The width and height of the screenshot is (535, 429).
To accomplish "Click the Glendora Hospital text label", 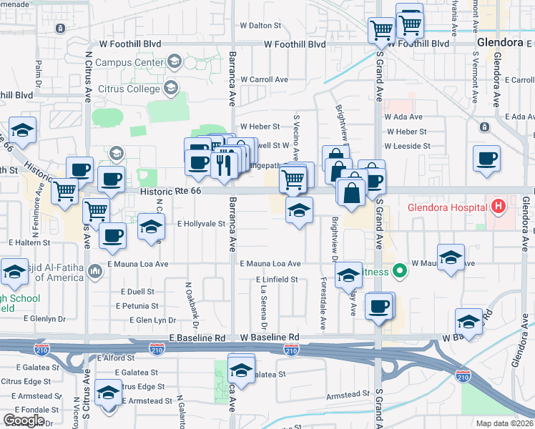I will [447, 208].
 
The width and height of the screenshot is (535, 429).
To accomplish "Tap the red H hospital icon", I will [499, 208].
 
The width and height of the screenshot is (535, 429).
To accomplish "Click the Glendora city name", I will [500, 42].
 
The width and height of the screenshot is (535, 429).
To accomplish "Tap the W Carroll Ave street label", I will [264, 79].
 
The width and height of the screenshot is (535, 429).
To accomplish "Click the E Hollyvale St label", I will [201, 224].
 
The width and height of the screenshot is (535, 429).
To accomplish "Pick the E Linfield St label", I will [278, 279].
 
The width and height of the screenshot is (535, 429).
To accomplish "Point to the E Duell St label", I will [137, 292].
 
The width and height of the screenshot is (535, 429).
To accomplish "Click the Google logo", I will [24, 420].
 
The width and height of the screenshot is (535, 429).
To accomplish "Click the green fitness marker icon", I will [401, 272].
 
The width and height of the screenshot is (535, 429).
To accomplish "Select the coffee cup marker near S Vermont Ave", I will [486, 158].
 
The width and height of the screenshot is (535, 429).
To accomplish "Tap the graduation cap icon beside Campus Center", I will [173, 62].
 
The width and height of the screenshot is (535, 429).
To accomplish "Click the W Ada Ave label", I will [403, 117].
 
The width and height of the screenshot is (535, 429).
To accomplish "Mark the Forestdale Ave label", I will [323, 304].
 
